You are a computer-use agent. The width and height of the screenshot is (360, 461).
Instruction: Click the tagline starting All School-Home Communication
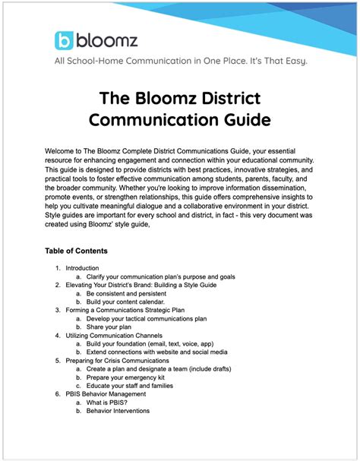point(180,61)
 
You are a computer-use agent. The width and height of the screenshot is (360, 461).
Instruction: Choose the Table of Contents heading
point(77,251)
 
